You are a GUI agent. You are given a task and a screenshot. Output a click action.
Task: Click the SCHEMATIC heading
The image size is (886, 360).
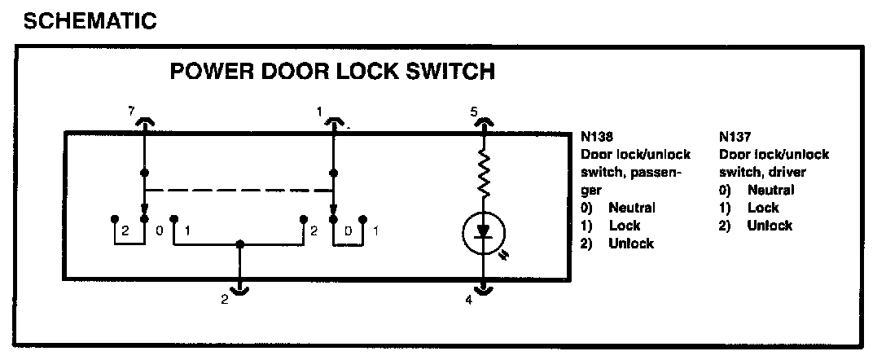90,21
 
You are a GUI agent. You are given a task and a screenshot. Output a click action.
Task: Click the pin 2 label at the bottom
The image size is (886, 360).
224,300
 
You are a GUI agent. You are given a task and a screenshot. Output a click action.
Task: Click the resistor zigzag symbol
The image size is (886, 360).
484,173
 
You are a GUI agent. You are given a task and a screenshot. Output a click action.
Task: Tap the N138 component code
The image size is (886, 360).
597,138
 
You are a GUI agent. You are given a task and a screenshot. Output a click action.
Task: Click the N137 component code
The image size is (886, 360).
735,138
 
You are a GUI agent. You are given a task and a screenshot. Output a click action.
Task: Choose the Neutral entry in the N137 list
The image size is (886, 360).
770,190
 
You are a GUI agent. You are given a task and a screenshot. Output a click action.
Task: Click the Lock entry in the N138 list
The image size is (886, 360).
625,226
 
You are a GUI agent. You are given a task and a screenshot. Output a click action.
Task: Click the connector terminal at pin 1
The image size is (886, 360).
334,122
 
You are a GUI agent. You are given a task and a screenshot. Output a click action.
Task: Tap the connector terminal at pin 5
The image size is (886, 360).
484,122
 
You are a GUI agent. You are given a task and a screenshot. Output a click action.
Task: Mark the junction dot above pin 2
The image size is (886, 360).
239,244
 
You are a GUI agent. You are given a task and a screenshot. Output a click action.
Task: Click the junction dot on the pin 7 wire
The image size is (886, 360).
143,173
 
